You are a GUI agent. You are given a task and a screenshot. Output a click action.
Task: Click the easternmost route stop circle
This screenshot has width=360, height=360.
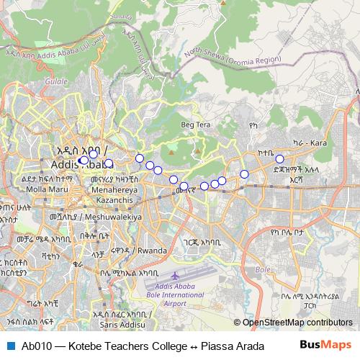click(x=279, y=159)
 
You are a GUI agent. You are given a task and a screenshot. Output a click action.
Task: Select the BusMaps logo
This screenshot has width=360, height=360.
click(x=330, y=345)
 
